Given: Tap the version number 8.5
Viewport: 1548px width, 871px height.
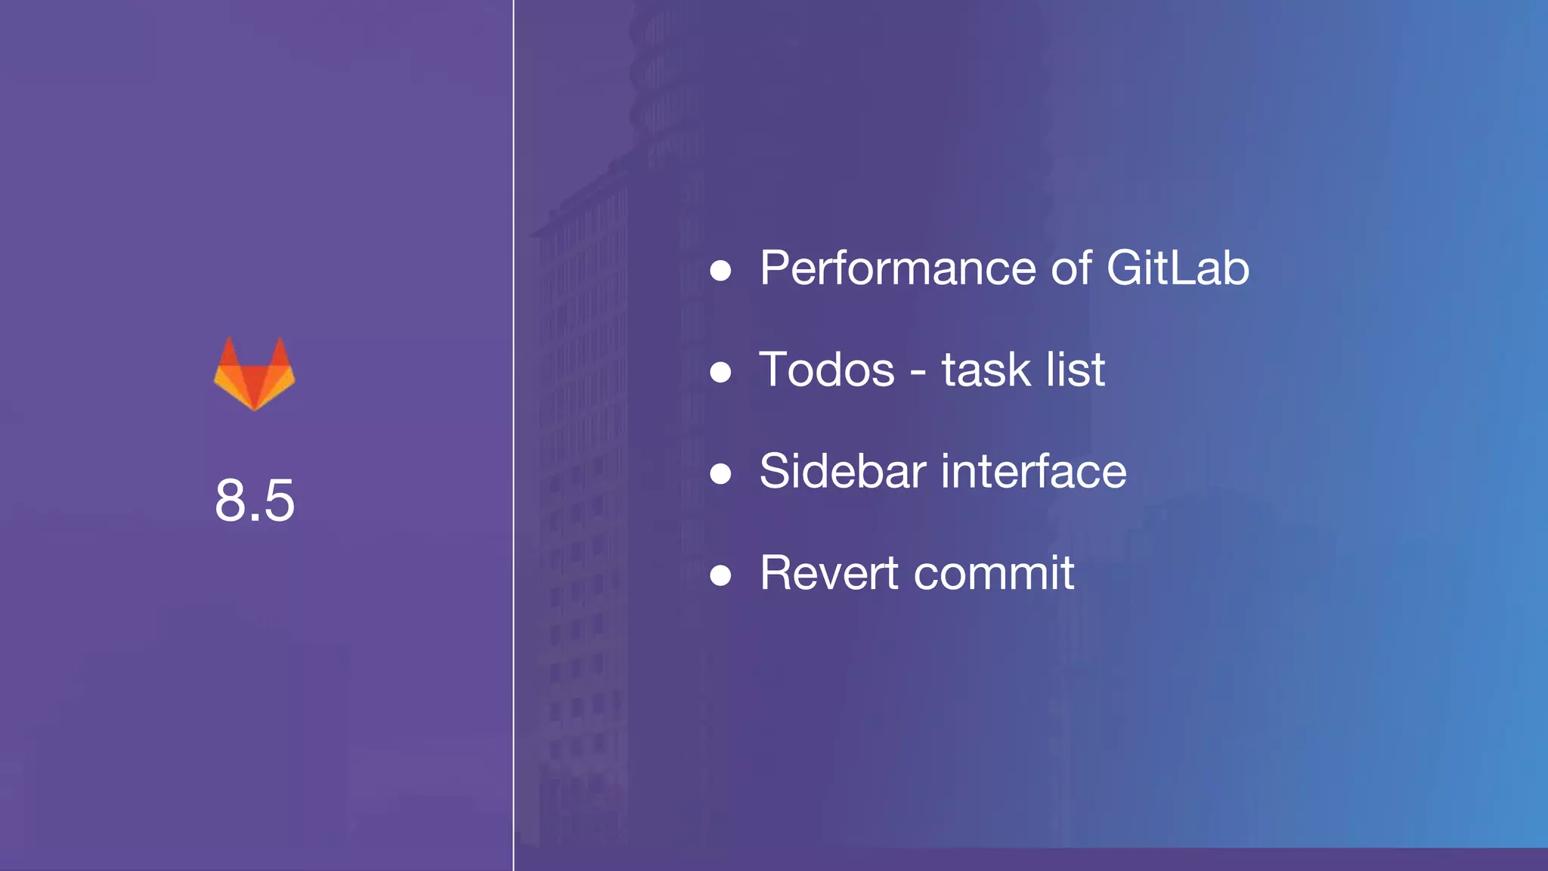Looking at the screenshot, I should (254, 501).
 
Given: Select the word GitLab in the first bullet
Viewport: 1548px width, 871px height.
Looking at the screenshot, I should (1178, 268).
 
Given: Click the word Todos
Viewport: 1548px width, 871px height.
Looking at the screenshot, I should (827, 370).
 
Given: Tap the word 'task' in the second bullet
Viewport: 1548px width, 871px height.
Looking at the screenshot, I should (986, 370).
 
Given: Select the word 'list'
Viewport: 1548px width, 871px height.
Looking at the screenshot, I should (1076, 370).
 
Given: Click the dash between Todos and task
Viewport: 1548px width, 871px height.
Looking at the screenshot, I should (918, 373).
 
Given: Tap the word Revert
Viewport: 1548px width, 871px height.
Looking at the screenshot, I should (829, 573).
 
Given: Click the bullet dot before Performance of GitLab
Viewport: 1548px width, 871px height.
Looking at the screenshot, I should (720, 271).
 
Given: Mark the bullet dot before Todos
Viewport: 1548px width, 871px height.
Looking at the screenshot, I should (720, 372).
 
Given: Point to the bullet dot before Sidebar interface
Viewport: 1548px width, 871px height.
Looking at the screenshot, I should (720, 474).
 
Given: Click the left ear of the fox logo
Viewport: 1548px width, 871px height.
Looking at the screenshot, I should (228, 352).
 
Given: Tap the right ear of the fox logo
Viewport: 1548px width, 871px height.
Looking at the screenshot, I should (280, 352).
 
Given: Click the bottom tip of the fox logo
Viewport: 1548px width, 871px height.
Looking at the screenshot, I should (254, 407).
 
